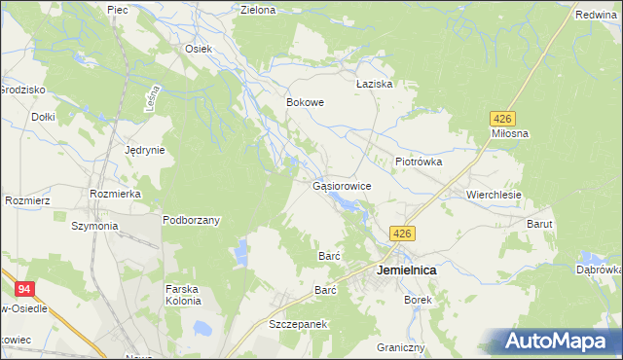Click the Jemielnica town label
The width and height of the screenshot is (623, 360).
click(x=406, y=270)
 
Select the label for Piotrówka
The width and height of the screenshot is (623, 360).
click(x=419, y=162)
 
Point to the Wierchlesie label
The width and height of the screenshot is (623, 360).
click(x=494, y=195)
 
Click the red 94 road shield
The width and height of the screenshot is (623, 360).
click(x=24, y=288)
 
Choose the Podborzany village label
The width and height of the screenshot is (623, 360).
click(x=191, y=220)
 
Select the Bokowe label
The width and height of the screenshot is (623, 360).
click(x=305, y=101)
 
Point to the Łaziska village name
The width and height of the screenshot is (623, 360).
click(x=374, y=85)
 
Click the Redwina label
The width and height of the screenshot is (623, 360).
click(x=597, y=16)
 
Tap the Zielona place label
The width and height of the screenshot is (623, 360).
click(x=258, y=11)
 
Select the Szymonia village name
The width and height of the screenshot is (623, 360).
click(x=94, y=226)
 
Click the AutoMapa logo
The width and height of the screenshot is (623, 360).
click(x=557, y=342)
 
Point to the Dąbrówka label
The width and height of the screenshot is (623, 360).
click(x=600, y=270)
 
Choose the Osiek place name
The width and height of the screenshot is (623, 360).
click(x=199, y=49)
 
